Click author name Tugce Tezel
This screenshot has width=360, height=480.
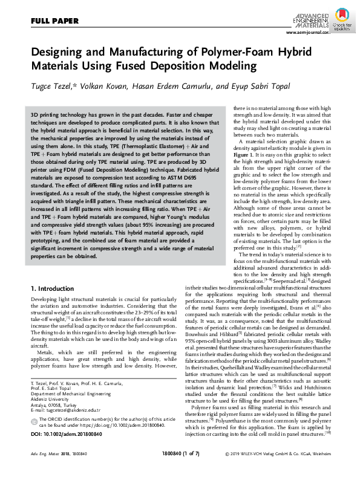[x=50, y=87]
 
